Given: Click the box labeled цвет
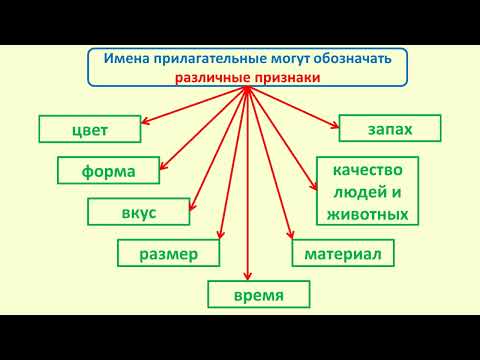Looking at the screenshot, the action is point(89,129).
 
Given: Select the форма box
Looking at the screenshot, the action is point(110,170).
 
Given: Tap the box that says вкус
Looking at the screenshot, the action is point(137,212).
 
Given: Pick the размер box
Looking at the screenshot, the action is point(168,254).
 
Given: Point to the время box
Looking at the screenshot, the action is point(259,295).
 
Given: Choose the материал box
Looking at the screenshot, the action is point(343,254).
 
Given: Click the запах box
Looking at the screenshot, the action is point(389,129).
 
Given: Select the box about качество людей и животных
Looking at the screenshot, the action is point(367,191).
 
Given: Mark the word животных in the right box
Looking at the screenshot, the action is point(367,213).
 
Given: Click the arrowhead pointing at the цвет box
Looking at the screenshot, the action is point(144,123).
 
